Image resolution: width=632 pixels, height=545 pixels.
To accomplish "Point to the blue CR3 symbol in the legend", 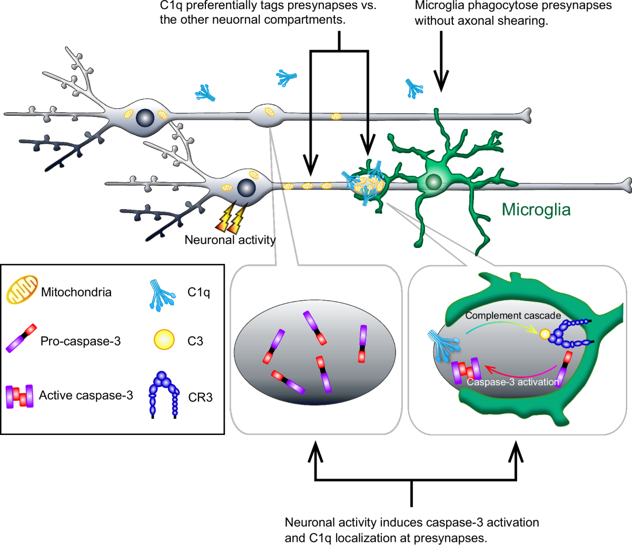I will pos(163,394).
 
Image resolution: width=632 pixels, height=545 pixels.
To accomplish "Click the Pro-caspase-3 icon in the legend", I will pos(21,338).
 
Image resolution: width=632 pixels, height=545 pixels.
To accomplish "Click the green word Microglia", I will pos(536,210).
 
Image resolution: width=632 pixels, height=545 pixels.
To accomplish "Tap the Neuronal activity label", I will pos(230,240).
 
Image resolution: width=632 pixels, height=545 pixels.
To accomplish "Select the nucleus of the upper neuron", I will pos(145,117).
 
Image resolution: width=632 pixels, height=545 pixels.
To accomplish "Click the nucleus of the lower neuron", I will pos(246,187).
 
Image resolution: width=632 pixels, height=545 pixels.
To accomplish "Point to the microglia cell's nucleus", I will pos(433,182).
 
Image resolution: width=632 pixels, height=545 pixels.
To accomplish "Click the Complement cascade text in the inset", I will pos(513,315).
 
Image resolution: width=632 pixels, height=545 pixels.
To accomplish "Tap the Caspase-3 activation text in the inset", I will pos(512,382).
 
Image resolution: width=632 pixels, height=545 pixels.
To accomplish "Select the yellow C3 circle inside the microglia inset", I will pos(545,333).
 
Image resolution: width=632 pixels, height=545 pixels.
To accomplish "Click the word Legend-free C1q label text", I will pos(199,292).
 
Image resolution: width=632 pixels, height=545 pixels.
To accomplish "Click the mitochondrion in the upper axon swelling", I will pos(269,112).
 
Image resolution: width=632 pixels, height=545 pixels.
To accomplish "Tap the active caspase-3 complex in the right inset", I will pos(466,370).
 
